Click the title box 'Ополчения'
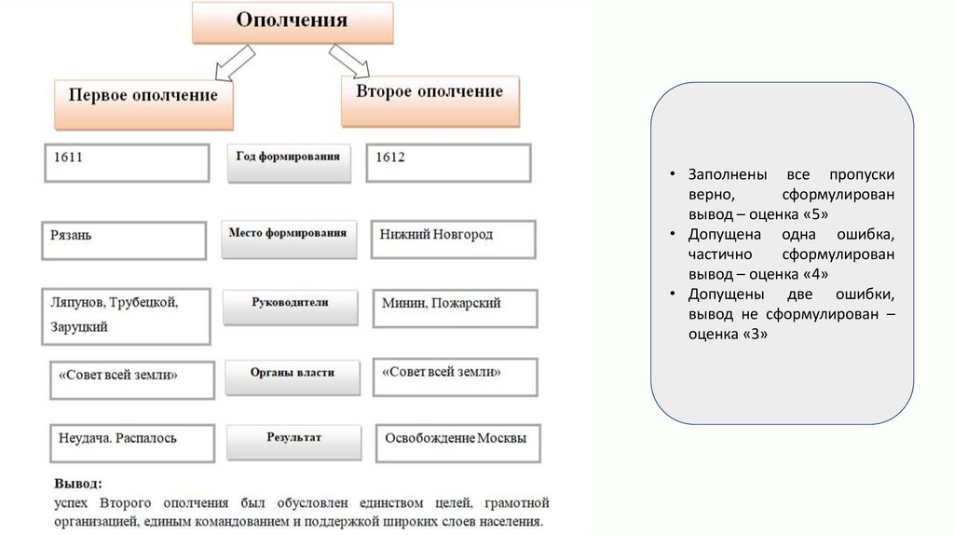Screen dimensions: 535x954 [x=292, y=22]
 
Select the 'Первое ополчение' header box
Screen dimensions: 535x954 [x=143, y=101]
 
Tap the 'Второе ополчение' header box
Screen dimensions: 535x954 [x=429, y=97]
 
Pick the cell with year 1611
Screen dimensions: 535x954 [x=127, y=163]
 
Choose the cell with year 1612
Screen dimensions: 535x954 [x=448, y=162]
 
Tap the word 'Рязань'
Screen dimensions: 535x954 [x=72, y=236]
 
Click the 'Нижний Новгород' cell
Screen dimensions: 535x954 [x=453, y=239]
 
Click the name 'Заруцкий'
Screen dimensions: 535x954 [x=80, y=327]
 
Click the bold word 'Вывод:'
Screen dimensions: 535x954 [x=78, y=485]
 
